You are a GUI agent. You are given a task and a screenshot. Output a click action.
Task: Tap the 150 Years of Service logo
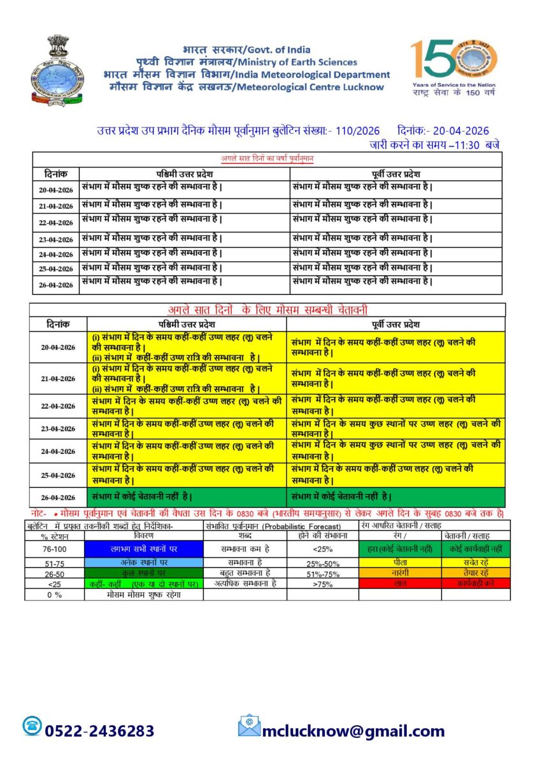click(x=454, y=64)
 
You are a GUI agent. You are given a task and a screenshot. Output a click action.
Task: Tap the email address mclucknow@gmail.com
click(x=353, y=731)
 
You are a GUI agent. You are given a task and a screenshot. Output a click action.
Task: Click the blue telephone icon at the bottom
click(x=32, y=726)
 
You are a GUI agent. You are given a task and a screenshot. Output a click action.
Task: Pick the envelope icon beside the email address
click(x=250, y=726)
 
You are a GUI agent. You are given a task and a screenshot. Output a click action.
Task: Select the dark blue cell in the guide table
click(x=143, y=549)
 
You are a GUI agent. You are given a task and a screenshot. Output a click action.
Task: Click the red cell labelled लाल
click(x=400, y=583)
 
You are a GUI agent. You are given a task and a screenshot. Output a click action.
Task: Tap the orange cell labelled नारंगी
click(x=400, y=573)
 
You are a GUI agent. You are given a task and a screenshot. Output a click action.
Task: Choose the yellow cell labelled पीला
click(x=400, y=563)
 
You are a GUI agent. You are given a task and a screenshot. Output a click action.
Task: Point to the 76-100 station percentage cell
click(x=54, y=549)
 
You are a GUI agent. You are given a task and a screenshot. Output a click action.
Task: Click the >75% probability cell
click(x=322, y=584)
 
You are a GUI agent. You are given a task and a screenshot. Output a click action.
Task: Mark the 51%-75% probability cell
click(x=322, y=573)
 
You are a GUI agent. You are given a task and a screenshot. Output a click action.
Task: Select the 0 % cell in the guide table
click(x=54, y=594)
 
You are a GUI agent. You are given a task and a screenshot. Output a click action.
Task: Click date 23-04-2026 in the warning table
click(x=57, y=428)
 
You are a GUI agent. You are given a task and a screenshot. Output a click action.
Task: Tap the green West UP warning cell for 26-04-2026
click(x=186, y=497)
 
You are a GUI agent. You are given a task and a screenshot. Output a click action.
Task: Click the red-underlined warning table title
click(x=267, y=310)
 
